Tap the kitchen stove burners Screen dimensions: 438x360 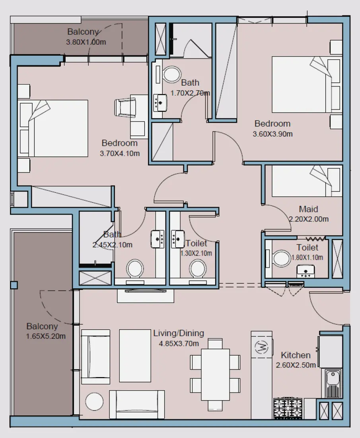click(x=288, y=408)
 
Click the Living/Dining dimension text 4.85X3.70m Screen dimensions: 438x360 click(x=179, y=343)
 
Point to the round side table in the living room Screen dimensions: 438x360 click(x=94, y=401)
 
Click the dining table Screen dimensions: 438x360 click(x=215, y=374)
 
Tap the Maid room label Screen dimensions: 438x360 click(x=309, y=209)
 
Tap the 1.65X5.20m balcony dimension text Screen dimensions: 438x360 click(x=46, y=336)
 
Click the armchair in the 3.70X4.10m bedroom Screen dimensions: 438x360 click(x=126, y=107)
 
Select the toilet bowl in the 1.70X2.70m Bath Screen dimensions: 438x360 click(x=172, y=74)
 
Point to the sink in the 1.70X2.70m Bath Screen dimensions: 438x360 click(x=161, y=102)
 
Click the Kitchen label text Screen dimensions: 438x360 click(x=296, y=355)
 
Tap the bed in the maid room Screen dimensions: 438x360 click(x=307, y=181)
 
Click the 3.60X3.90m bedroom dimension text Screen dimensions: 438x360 click(x=272, y=134)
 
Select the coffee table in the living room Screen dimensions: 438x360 click(x=135, y=355)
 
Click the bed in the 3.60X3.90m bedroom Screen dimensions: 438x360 click(x=306, y=84)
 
